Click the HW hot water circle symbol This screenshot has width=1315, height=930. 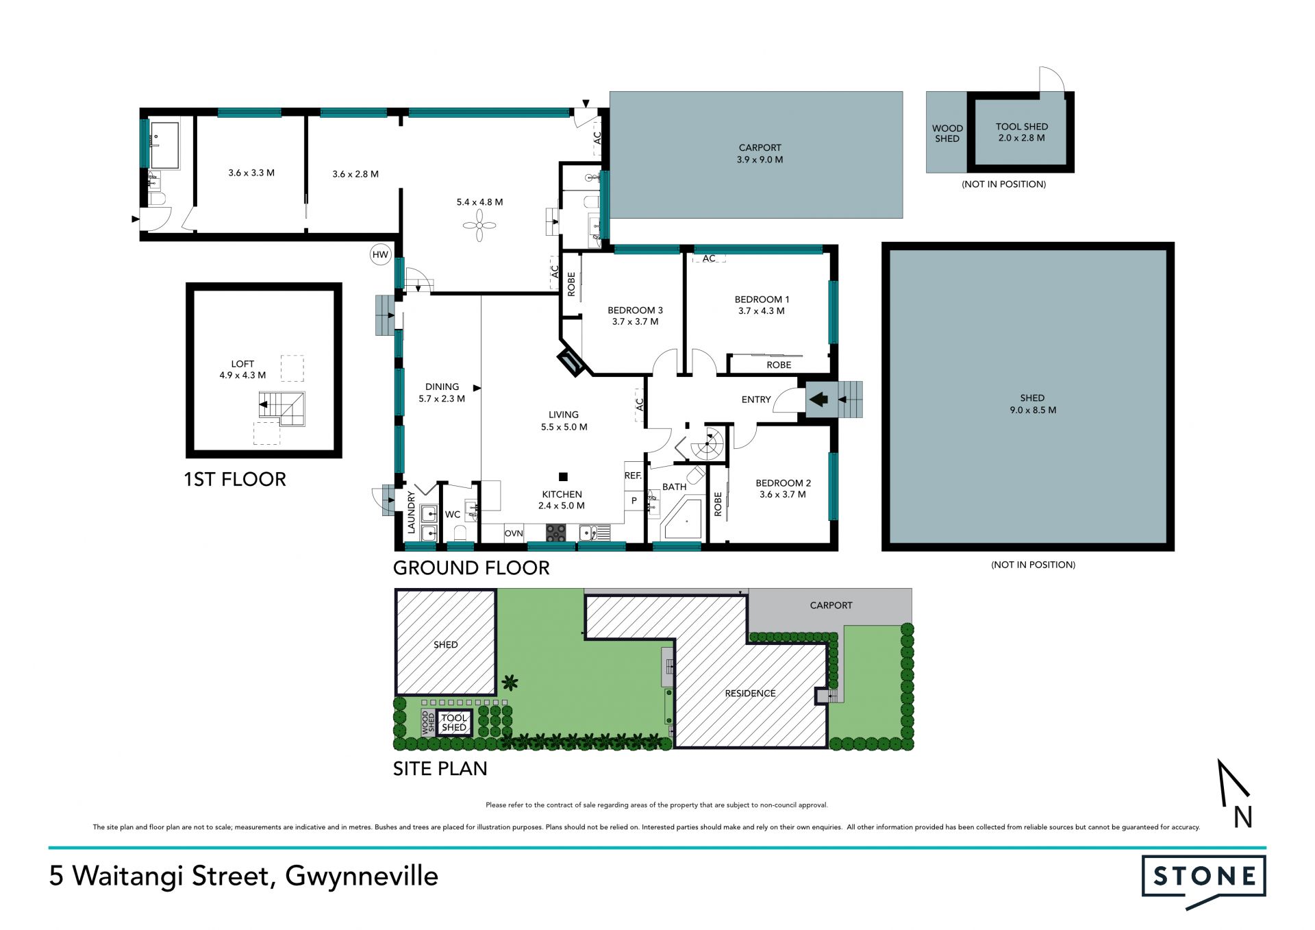[x=380, y=255]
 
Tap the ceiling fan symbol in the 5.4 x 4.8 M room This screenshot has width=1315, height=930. [x=479, y=225]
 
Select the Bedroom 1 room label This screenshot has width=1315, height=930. [x=762, y=299]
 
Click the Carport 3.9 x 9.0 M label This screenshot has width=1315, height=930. [x=760, y=154]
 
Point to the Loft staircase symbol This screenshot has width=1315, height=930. [x=282, y=408]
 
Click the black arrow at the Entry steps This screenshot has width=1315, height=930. [x=818, y=399]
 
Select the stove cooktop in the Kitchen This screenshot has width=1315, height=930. [x=555, y=533]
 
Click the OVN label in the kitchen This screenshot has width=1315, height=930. [x=514, y=533]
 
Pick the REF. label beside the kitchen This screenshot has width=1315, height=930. [x=633, y=476]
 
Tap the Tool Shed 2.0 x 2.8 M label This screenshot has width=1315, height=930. [x=1022, y=132]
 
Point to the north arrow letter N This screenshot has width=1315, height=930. [x=1243, y=817]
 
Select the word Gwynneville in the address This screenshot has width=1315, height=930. [x=362, y=877]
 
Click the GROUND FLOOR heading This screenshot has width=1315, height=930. [x=471, y=568]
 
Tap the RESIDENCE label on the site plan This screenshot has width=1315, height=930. [x=751, y=694]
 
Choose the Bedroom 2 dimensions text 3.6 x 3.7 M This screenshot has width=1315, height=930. [x=783, y=494]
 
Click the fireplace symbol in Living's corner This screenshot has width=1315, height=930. [x=570, y=362]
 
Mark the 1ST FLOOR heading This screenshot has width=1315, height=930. [x=235, y=480]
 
